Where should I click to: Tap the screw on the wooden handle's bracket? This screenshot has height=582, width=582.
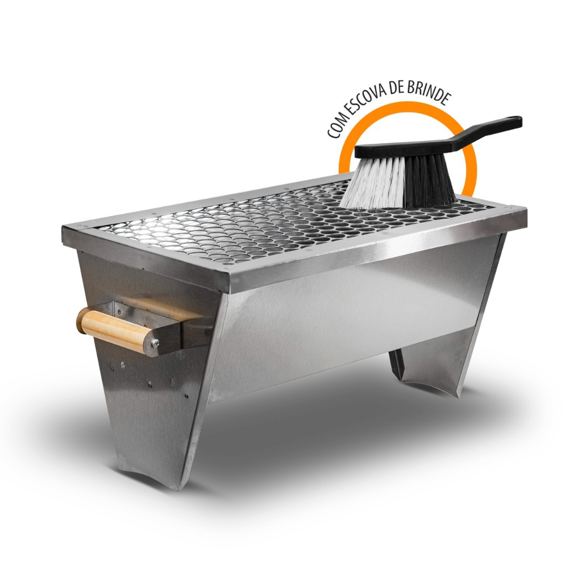155,343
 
